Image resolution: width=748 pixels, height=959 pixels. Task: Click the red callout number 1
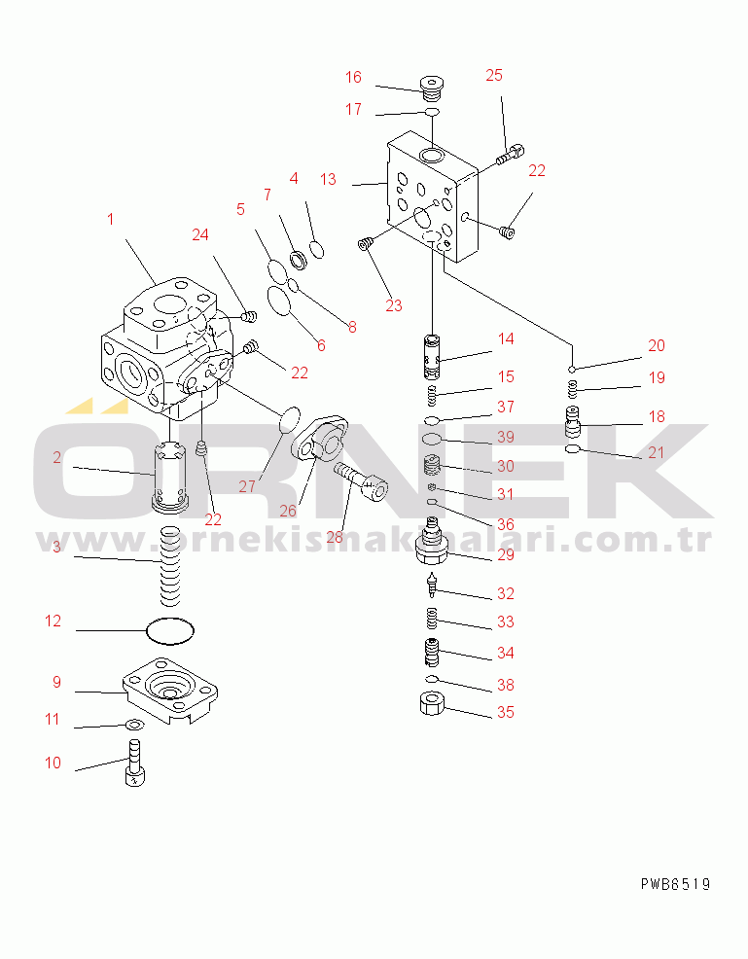(110, 219)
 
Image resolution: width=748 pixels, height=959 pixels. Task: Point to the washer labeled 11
(134, 726)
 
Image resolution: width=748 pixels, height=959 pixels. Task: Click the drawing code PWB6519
(676, 884)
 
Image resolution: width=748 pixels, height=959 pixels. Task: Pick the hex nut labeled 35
(433, 703)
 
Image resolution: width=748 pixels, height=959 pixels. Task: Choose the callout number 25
(494, 75)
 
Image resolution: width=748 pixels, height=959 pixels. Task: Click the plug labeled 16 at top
(432, 89)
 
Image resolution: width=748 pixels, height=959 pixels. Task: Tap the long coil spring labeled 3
(170, 567)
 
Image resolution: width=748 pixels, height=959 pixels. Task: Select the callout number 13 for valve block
(328, 179)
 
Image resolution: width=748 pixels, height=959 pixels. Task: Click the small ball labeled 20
(571, 369)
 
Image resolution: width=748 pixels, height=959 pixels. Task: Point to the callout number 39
(505, 437)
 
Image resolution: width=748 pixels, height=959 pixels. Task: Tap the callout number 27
(247, 486)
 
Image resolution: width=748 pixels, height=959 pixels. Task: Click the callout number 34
(505, 653)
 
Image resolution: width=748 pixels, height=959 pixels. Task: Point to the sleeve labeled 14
(433, 357)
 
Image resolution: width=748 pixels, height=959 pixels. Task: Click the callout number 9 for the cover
(56, 682)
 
